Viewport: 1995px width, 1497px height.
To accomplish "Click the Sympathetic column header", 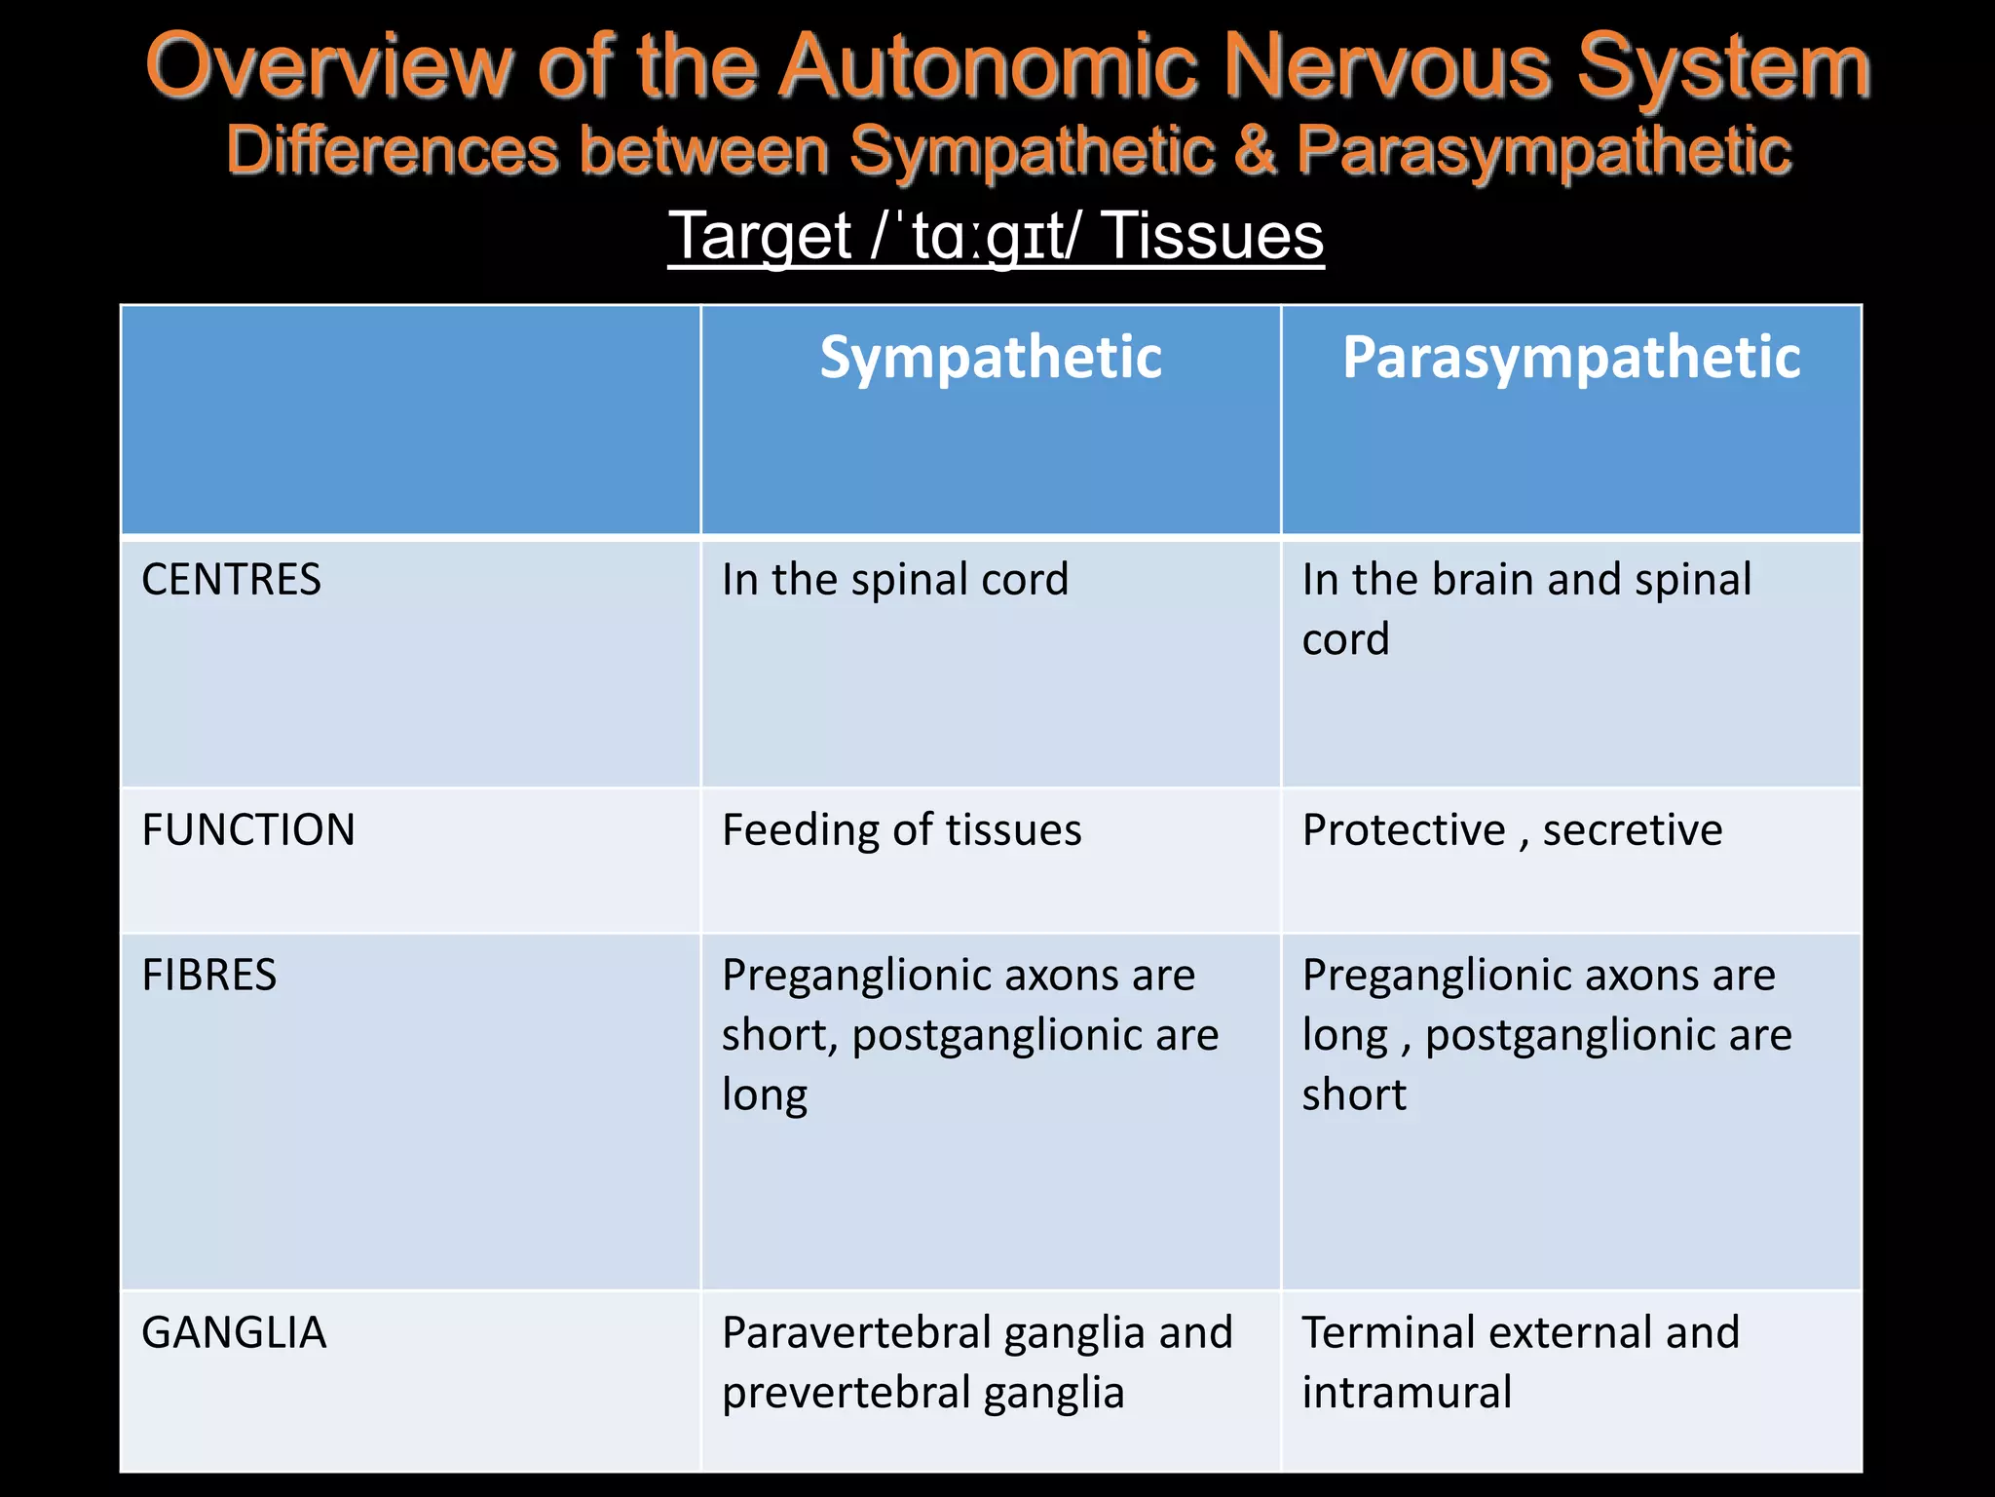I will pyautogui.click(x=990, y=358).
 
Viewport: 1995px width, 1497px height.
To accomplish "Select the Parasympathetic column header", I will pyautogui.click(x=1570, y=358).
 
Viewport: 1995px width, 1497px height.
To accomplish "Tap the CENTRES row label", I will pyautogui.click(x=231, y=580).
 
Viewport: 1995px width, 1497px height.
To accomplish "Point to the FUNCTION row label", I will pyautogui.click(x=248, y=830).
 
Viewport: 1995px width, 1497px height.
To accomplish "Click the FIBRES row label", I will pyautogui.click(x=209, y=976).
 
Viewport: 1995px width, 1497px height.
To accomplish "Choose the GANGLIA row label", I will pyautogui.click(x=234, y=1333).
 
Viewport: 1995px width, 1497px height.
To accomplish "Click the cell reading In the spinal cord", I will pyautogui.click(x=894, y=580).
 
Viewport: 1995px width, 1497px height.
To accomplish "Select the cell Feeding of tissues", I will pyautogui.click(x=901, y=830).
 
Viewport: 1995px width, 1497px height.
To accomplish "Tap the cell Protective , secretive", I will pyautogui.click(x=1512, y=830).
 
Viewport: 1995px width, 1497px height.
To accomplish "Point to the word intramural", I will pyautogui.click(x=1407, y=1393).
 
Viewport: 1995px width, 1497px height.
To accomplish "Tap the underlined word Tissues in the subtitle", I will pyautogui.click(x=1213, y=237).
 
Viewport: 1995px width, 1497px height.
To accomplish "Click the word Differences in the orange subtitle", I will pyautogui.click(x=393, y=151).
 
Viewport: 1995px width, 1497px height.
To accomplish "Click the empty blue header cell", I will pyautogui.click(x=410, y=420).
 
